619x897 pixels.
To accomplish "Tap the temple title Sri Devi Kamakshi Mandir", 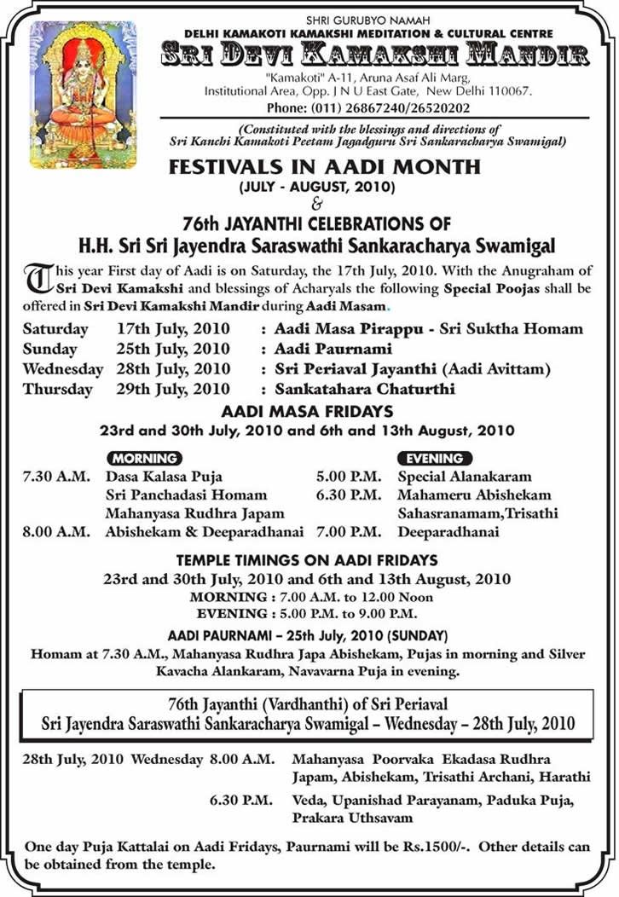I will pos(375,56).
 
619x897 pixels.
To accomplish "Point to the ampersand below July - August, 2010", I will pos(318,204).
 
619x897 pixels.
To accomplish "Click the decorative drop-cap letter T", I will pos(38,278).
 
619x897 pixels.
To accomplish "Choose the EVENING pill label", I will pos(435,458).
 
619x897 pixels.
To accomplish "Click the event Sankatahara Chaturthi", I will pos(365,389).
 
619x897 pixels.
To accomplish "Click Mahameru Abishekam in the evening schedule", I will pos(474,495).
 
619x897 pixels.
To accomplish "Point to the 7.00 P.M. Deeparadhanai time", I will pos(349,532).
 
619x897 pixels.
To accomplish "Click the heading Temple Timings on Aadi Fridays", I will pos(307,560).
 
